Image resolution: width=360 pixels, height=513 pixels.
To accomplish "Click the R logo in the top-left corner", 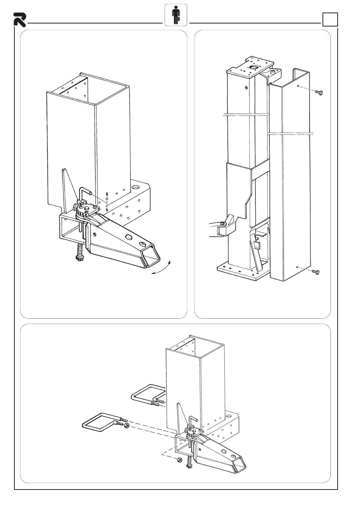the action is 19,19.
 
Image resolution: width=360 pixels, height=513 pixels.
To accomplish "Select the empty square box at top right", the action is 330,19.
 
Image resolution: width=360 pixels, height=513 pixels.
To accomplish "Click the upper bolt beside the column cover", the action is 318,92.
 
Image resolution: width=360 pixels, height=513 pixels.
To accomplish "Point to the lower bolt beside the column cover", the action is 315,272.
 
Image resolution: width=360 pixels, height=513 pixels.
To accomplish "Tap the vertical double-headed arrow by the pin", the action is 107,201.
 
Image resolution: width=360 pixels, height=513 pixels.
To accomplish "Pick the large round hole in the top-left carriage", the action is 136,187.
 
